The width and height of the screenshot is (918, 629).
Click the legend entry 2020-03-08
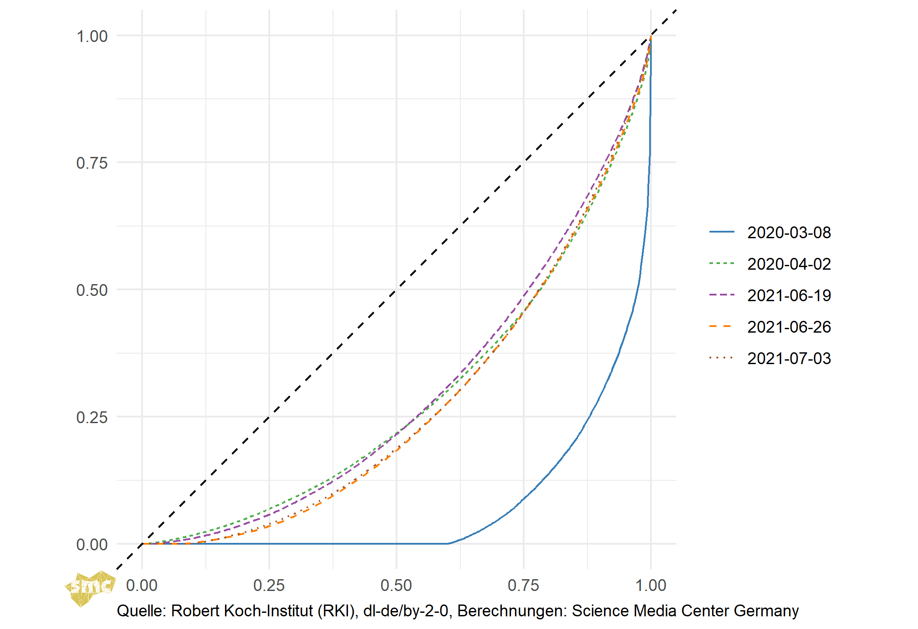(789, 233)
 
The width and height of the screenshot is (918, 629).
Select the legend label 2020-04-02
(789, 264)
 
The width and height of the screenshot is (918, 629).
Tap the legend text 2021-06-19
(789, 295)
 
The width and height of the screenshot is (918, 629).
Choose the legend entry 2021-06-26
(789, 327)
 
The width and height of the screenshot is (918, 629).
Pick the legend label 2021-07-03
(789, 358)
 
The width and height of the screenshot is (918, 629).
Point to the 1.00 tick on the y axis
(92, 36)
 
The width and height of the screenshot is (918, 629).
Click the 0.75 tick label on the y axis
(92, 163)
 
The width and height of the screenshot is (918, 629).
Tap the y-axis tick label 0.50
(92, 290)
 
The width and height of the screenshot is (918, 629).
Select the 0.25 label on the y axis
(92, 417)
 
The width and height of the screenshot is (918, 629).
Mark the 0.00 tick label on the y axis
(92, 544)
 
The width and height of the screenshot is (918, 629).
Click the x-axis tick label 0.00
(142, 585)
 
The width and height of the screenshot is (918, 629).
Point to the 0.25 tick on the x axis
(269, 585)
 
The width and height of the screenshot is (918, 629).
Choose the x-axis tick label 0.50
(396, 585)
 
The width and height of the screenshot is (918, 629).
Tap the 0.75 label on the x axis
(523, 585)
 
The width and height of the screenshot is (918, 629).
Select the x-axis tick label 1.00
(650, 585)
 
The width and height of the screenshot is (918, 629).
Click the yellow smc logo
(90, 588)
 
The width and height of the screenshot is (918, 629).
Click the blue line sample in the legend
(722, 232)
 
